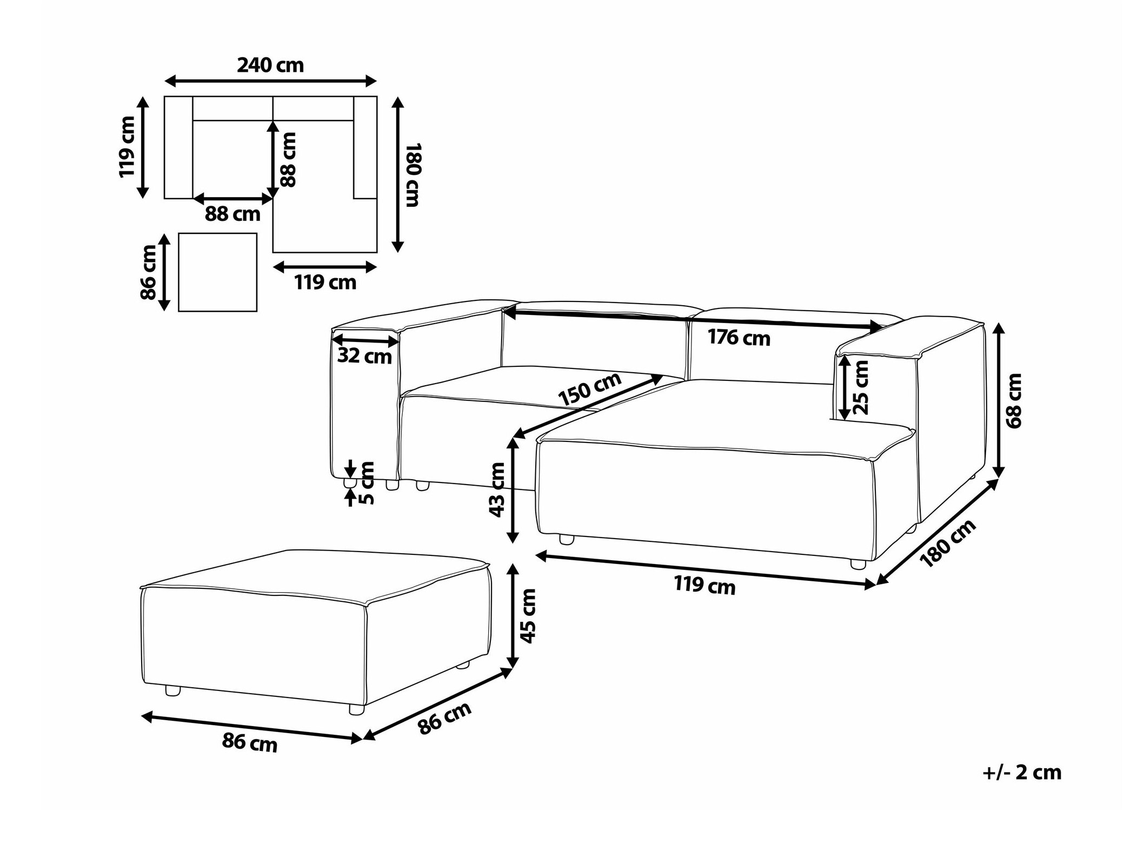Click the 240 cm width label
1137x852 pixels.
pos(270,65)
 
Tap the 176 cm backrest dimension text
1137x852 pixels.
pos(739,338)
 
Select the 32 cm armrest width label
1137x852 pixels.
pos(364,356)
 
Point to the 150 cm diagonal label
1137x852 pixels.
pos(590,389)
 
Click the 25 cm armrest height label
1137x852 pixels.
pos(860,387)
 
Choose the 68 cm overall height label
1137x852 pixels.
pos(1014,400)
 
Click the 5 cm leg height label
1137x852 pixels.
pos(366,483)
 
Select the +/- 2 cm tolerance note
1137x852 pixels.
pos(1022,773)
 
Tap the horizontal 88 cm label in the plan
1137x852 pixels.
pos(232,214)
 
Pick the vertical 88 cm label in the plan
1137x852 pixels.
pos(288,160)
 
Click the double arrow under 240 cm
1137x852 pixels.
pos(270,82)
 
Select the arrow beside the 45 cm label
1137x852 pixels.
pos(513,616)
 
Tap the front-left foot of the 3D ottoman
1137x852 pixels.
pos(172,690)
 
